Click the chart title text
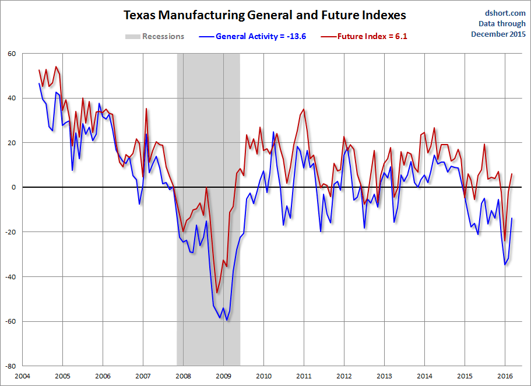(265, 15)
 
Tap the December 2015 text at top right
(498, 34)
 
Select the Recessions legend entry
(163, 36)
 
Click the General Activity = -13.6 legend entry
(261, 36)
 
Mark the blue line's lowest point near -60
(227, 320)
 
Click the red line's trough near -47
(217, 293)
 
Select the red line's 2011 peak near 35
(304, 110)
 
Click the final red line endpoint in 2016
(512, 174)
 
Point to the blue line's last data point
(512, 218)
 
